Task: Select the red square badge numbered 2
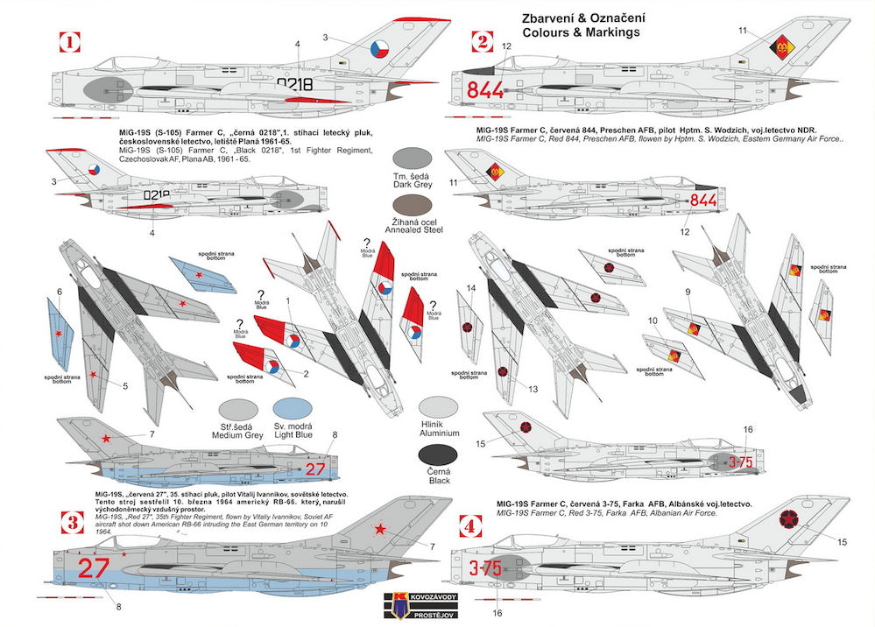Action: click(x=481, y=40)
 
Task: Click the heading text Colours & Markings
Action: click(x=580, y=32)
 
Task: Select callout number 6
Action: click(x=60, y=292)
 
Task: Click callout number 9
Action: click(x=688, y=292)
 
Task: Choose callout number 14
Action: click(x=470, y=288)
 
